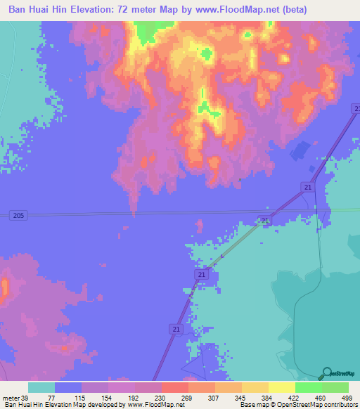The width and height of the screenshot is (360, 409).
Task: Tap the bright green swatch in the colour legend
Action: pos(309,387)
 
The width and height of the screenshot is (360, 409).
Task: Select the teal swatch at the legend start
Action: pos(41,387)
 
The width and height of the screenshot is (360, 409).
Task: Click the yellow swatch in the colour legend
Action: pos(282,387)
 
